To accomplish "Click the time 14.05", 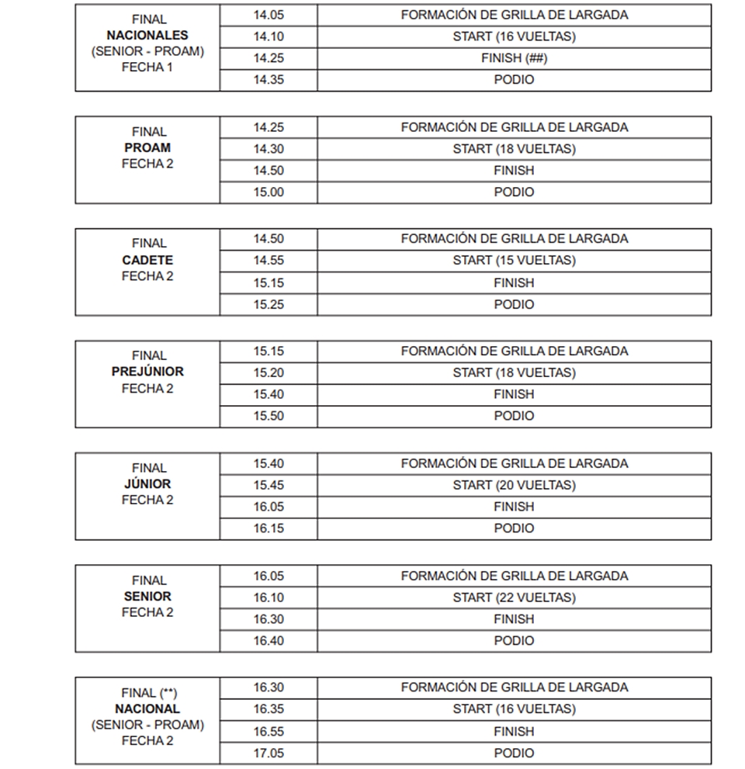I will tap(268, 15).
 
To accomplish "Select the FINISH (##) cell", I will tap(514, 58).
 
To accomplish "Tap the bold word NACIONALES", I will tap(147, 35).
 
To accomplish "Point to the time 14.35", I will tap(268, 79).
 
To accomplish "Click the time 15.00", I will tap(268, 192).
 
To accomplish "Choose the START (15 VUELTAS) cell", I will tap(514, 261).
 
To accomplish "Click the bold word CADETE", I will tap(147, 260).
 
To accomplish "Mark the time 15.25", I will tap(268, 305).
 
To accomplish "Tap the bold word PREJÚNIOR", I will tap(147, 372).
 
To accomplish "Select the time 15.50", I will tap(268, 416).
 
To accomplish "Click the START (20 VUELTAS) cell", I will tap(514, 485).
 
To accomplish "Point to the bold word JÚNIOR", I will tap(147, 484).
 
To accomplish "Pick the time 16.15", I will tap(268, 528).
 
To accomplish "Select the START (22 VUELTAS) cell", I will tap(514, 598).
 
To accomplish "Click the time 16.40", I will tap(268, 641).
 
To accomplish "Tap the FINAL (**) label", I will tap(147, 693).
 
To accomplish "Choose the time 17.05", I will tap(268, 753).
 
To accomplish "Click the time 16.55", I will tap(268, 732).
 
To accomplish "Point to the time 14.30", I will tap(268, 149).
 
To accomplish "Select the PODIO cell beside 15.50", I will tap(514, 416).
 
